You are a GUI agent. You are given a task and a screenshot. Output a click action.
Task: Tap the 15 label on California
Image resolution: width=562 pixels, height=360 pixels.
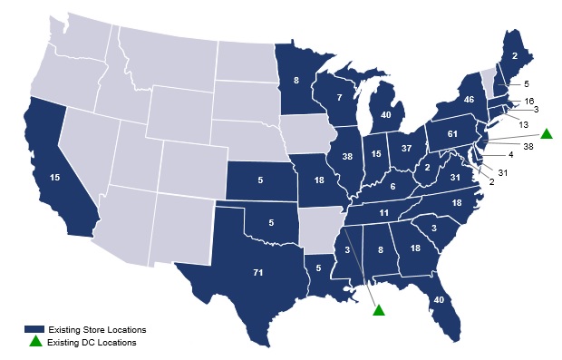(x=55, y=178)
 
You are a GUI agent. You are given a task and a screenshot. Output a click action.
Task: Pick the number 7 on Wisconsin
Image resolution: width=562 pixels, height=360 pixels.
(x=338, y=97)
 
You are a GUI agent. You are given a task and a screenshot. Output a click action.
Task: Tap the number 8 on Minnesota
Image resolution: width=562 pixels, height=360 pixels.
(x=296, y=80)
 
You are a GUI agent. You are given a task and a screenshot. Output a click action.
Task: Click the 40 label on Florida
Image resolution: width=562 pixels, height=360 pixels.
(x=439, y=301)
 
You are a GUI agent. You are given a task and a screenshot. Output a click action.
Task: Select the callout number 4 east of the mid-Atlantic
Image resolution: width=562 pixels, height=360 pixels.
(x=510, y=155)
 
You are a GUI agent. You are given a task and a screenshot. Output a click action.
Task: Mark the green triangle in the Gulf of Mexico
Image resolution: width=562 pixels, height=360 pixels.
(x=379, y=310)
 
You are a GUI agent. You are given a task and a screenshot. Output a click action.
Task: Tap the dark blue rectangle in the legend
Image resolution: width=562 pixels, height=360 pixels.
(x=35, y=328)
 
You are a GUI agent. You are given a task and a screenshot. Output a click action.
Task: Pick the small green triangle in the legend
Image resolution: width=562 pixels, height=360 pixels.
(x=35, y=341)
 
